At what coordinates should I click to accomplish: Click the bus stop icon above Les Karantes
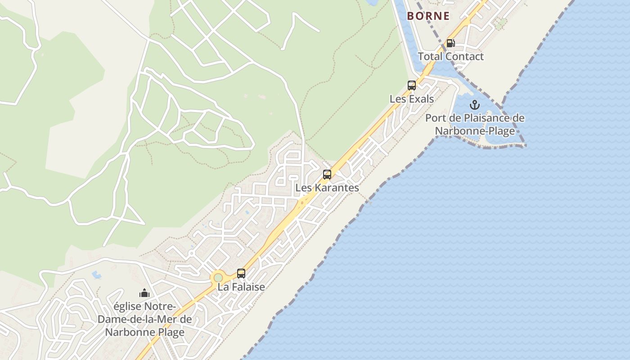coord(327,175)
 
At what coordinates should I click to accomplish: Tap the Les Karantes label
coord(327,188)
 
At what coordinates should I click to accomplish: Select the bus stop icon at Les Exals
coord(412,85)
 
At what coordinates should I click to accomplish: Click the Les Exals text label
coord(412,99)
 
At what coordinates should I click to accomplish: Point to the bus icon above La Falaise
coord(241,273)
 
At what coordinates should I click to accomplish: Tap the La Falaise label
coord(241,287)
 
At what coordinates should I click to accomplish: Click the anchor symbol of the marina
coord(475,105)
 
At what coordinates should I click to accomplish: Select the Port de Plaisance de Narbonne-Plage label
coord(475,125)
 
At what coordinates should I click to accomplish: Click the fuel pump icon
coord(450,43)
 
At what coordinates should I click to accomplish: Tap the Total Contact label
coord(450,57)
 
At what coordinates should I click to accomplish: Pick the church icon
coord(144,293)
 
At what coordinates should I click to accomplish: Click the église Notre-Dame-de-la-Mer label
coord(144,319)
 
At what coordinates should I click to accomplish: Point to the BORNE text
coord(428,16)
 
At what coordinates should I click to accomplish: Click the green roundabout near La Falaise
coord(218,278)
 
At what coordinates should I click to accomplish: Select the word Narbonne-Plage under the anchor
coord(475,131)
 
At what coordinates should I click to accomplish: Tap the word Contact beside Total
coord(464,57)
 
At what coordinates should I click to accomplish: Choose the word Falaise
coord(248,287)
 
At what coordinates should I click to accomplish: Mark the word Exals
coord(419,99)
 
